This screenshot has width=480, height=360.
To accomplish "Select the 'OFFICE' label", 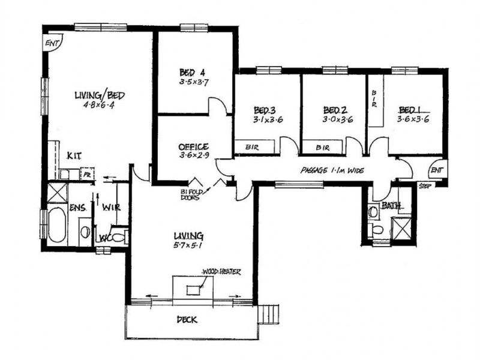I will coord(193,146).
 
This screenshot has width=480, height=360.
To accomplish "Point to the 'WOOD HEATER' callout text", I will coord(221,272).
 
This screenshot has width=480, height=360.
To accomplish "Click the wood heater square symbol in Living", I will coord(193,290).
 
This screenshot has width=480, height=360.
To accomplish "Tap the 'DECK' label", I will coord(187,320).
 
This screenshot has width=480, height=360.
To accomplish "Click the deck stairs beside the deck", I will coord(272,313).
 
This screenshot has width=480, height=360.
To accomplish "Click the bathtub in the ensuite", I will coord(56,225).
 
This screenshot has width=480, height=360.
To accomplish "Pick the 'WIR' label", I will coord(112,208).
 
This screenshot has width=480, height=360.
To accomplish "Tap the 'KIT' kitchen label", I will coord(74,156).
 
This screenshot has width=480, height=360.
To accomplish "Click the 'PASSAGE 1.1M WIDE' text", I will coord(332,170).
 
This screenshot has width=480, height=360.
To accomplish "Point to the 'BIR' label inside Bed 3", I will coord(251,146).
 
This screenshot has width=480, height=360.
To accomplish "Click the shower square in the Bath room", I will coord(400,228).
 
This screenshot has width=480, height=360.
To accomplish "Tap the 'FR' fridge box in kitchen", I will coord(87,175).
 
